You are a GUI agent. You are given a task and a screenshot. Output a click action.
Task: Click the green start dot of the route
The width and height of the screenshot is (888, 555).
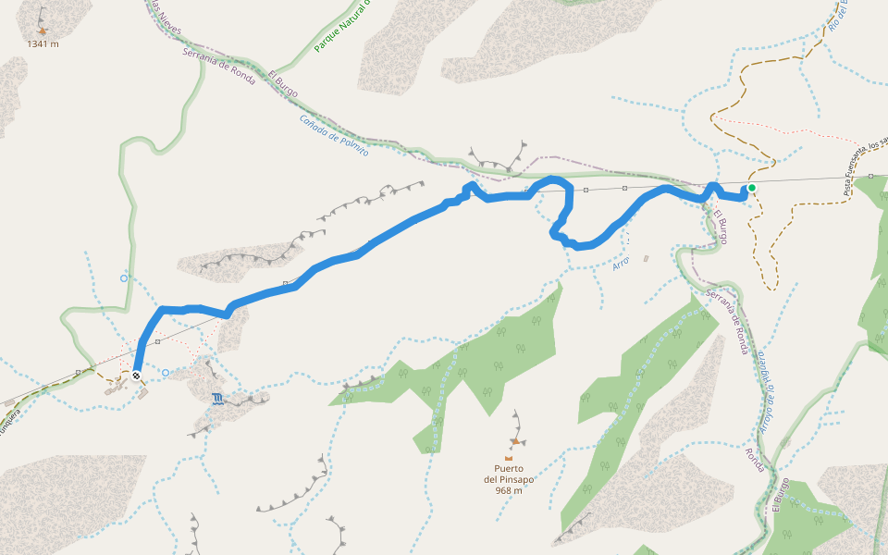tap(752, 188)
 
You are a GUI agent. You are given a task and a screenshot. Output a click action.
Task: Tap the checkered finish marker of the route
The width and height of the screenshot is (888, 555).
tap(137, 376)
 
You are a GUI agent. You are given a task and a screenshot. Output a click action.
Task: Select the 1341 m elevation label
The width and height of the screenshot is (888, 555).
tap(43, 43)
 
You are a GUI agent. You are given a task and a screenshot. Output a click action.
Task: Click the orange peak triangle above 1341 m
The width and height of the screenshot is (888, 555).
tap(43, 31)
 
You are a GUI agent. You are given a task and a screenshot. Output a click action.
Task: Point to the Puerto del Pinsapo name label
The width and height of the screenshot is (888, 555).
tap(509, 474)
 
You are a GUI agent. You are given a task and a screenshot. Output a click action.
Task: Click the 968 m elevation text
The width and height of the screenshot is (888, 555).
tap(509, 490)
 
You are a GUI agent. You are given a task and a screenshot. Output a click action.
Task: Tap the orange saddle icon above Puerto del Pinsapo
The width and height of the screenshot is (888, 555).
tap(509, 457)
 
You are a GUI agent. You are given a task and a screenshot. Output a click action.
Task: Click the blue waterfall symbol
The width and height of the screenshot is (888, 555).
tap(217, 399)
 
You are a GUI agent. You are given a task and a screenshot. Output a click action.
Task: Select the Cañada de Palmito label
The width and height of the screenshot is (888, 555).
tap(334, 134)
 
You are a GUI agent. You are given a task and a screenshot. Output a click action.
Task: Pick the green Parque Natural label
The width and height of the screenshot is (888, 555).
tap(341, 26)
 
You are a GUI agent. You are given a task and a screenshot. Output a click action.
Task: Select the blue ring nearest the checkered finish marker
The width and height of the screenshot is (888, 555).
tap(166, 373)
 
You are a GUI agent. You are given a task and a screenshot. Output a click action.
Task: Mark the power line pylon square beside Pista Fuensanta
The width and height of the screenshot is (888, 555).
tap(871, 176)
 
